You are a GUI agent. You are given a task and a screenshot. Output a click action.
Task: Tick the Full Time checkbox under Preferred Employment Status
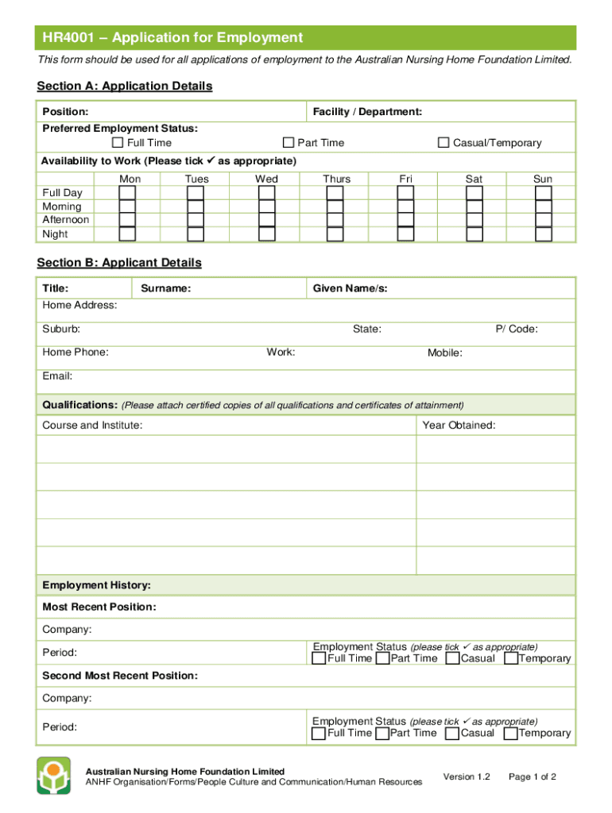(118, 143)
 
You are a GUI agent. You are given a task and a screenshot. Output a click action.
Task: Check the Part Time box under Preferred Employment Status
(289, 143)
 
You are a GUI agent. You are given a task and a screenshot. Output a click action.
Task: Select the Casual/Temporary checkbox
(444, 143)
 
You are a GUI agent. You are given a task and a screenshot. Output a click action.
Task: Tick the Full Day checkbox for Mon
(127, 193)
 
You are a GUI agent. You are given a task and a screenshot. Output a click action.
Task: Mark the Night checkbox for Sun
(543, 234)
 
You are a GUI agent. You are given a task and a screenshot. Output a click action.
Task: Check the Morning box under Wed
(267, 206)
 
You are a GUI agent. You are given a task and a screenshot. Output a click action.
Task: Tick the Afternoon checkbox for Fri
(405, 220)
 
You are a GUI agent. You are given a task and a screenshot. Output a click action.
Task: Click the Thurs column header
(337, 179)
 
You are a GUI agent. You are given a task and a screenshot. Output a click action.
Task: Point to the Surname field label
(165, 288)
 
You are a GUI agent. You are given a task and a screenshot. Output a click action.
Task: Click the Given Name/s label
(350, 288)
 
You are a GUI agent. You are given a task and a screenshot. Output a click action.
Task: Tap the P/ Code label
(517, 329)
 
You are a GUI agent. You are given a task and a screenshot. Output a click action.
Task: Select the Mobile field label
(445, 353)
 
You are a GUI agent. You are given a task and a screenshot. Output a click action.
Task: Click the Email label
(57, 376)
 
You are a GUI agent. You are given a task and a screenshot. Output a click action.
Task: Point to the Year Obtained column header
(459, 426)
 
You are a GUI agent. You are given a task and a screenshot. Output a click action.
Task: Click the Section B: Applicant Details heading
(119, 263)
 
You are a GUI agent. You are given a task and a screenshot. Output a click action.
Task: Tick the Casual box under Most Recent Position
(452, 658)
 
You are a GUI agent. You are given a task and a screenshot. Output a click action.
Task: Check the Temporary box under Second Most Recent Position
(511, 733)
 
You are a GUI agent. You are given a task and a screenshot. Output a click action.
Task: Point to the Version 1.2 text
(467, 776)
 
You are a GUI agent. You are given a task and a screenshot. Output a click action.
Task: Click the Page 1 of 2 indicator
(532, 776)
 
